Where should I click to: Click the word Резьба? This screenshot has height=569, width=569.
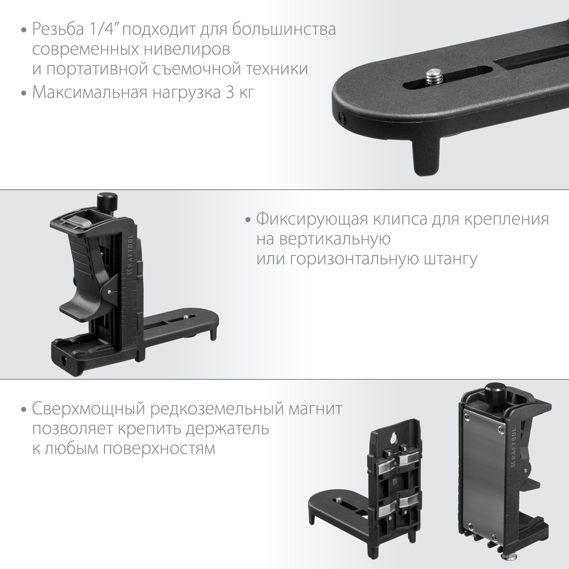[58, 30]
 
